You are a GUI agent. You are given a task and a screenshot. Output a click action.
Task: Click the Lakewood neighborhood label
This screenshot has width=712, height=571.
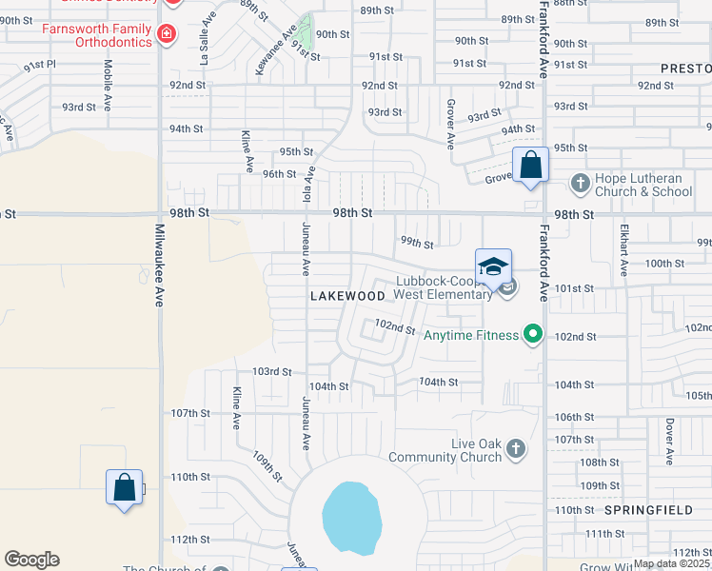pyautogui.click(x=348, y=296)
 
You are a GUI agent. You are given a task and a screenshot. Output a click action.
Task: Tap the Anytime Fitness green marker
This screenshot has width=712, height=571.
pyautogui.click(x=533, y=335)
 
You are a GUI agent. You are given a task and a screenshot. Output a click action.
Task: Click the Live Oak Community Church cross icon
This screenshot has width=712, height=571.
pyautogui.click(x=515, y=448)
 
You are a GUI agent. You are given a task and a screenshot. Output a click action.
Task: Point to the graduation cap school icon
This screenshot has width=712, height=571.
pyautogui.click(x=494, y=267)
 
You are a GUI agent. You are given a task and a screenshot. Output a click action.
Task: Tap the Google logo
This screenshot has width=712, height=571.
pyautogui.click(x=31, y=560)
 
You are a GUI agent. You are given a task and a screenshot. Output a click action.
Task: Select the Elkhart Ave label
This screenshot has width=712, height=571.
pyautogui.click(x=624, y=250)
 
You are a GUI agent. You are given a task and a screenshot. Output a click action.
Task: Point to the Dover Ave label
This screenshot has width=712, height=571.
pyautogui.click(x=670, y=442)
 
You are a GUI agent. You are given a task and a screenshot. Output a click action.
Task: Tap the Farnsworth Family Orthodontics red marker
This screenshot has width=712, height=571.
pyautogui.click(x=168, y=34)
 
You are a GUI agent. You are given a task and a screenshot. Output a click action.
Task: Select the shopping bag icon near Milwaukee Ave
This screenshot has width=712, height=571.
pyautogui.click(x=125, y=487)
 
